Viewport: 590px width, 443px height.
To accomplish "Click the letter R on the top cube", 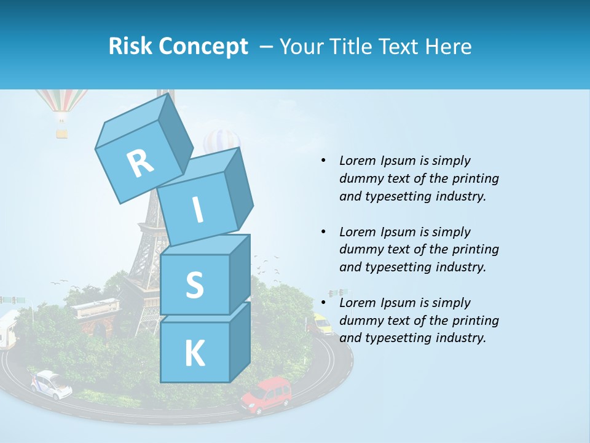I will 141,162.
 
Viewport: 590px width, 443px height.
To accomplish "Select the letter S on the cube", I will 194,285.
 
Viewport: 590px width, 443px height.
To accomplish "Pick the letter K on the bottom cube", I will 194,354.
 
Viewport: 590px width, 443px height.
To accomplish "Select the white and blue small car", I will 51,383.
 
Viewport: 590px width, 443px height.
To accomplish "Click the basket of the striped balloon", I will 61,132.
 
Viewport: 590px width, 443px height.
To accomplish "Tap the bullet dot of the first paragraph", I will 323,161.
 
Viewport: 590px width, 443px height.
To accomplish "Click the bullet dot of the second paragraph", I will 323,232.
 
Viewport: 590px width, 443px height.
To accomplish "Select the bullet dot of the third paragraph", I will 323,303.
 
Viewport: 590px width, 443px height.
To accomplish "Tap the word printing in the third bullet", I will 474,321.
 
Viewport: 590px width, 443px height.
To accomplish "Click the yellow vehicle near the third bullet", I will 321,324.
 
